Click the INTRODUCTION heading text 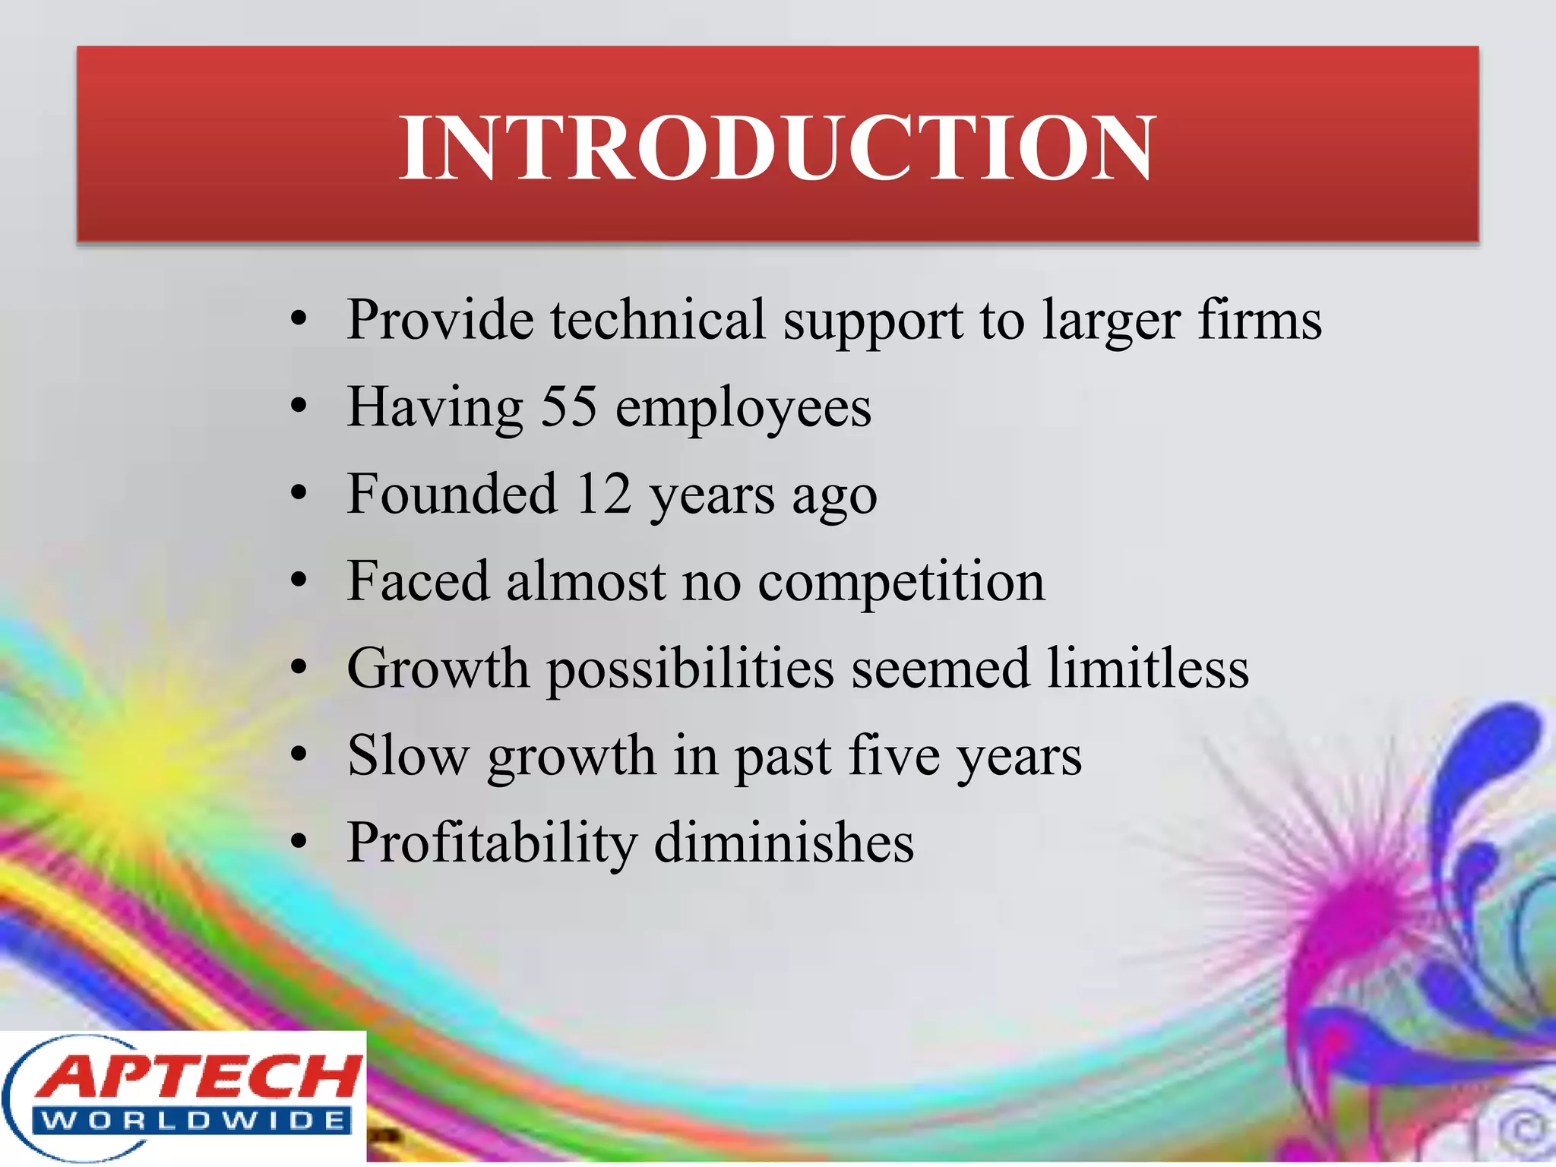tap(777, 147)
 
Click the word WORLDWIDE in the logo tap(194, 1121)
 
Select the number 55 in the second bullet tap(568, 407)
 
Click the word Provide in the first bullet tap(440, 320)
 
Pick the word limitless tap(1148, 669)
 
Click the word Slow tap(408, 756)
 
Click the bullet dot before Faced tap(299, 582)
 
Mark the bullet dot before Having tap(299, 407)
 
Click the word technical tap(658, 320)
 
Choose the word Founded tap(452, 495)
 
